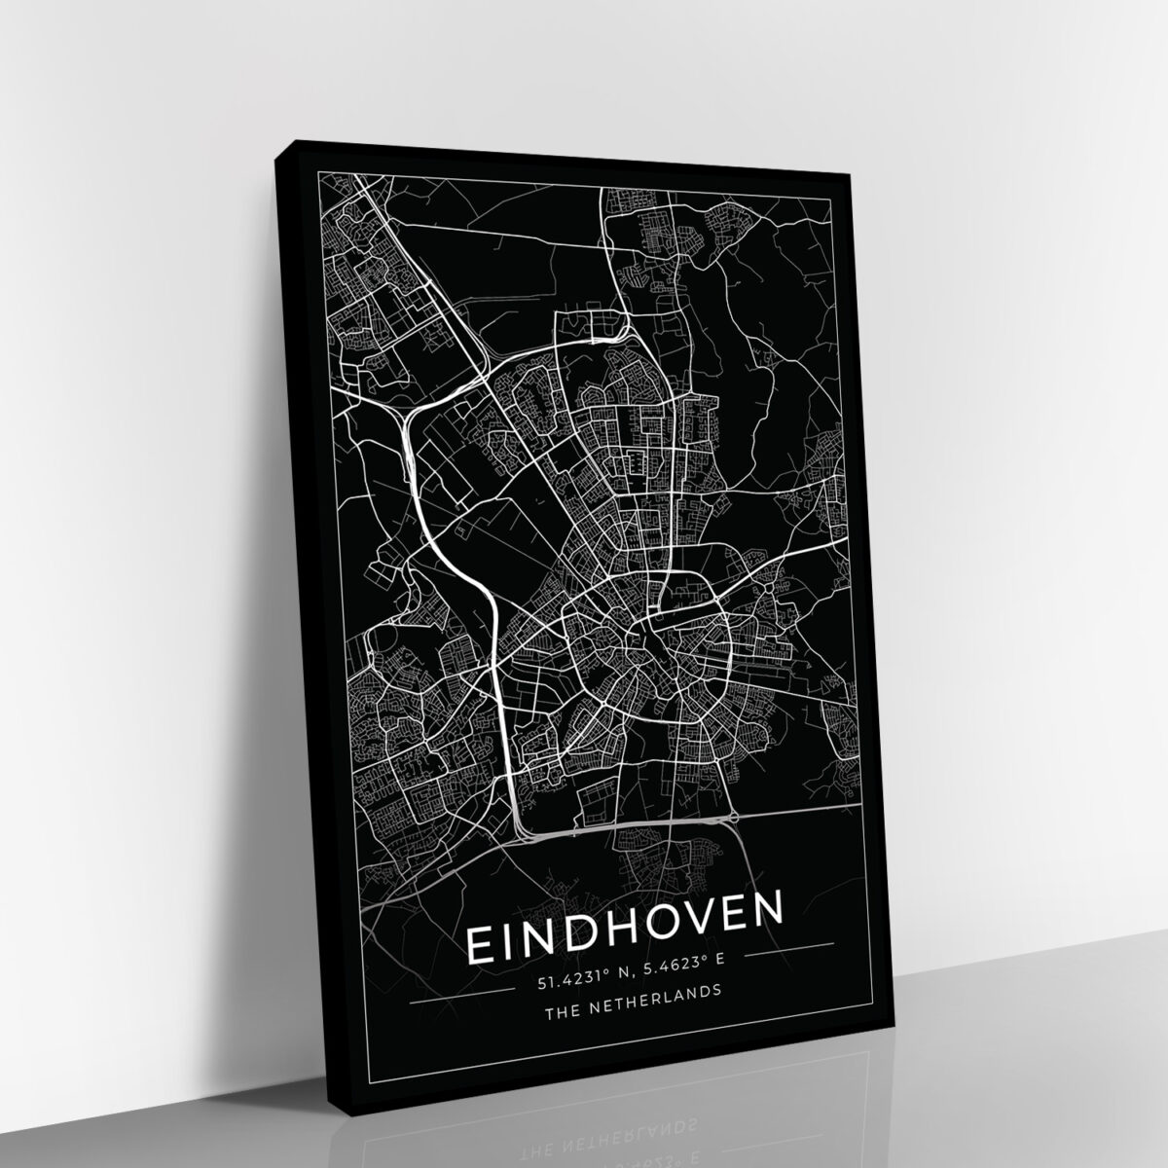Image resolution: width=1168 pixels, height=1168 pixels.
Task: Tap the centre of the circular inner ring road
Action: (x=645, y=647)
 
